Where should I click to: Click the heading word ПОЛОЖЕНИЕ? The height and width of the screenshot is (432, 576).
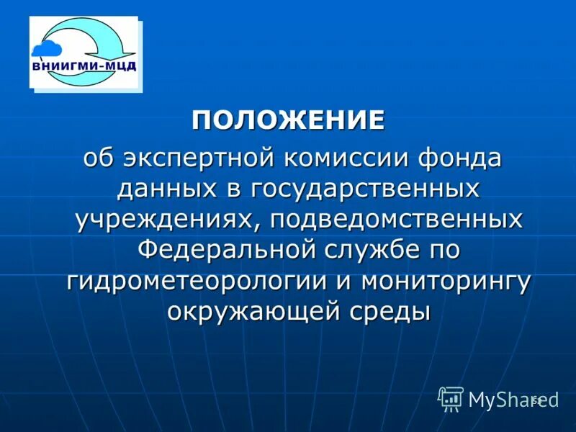[x=288, y=120]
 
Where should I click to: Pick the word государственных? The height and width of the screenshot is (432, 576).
[x=365, y=189]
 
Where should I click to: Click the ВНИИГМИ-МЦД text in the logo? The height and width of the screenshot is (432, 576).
[x=84, y=67]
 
